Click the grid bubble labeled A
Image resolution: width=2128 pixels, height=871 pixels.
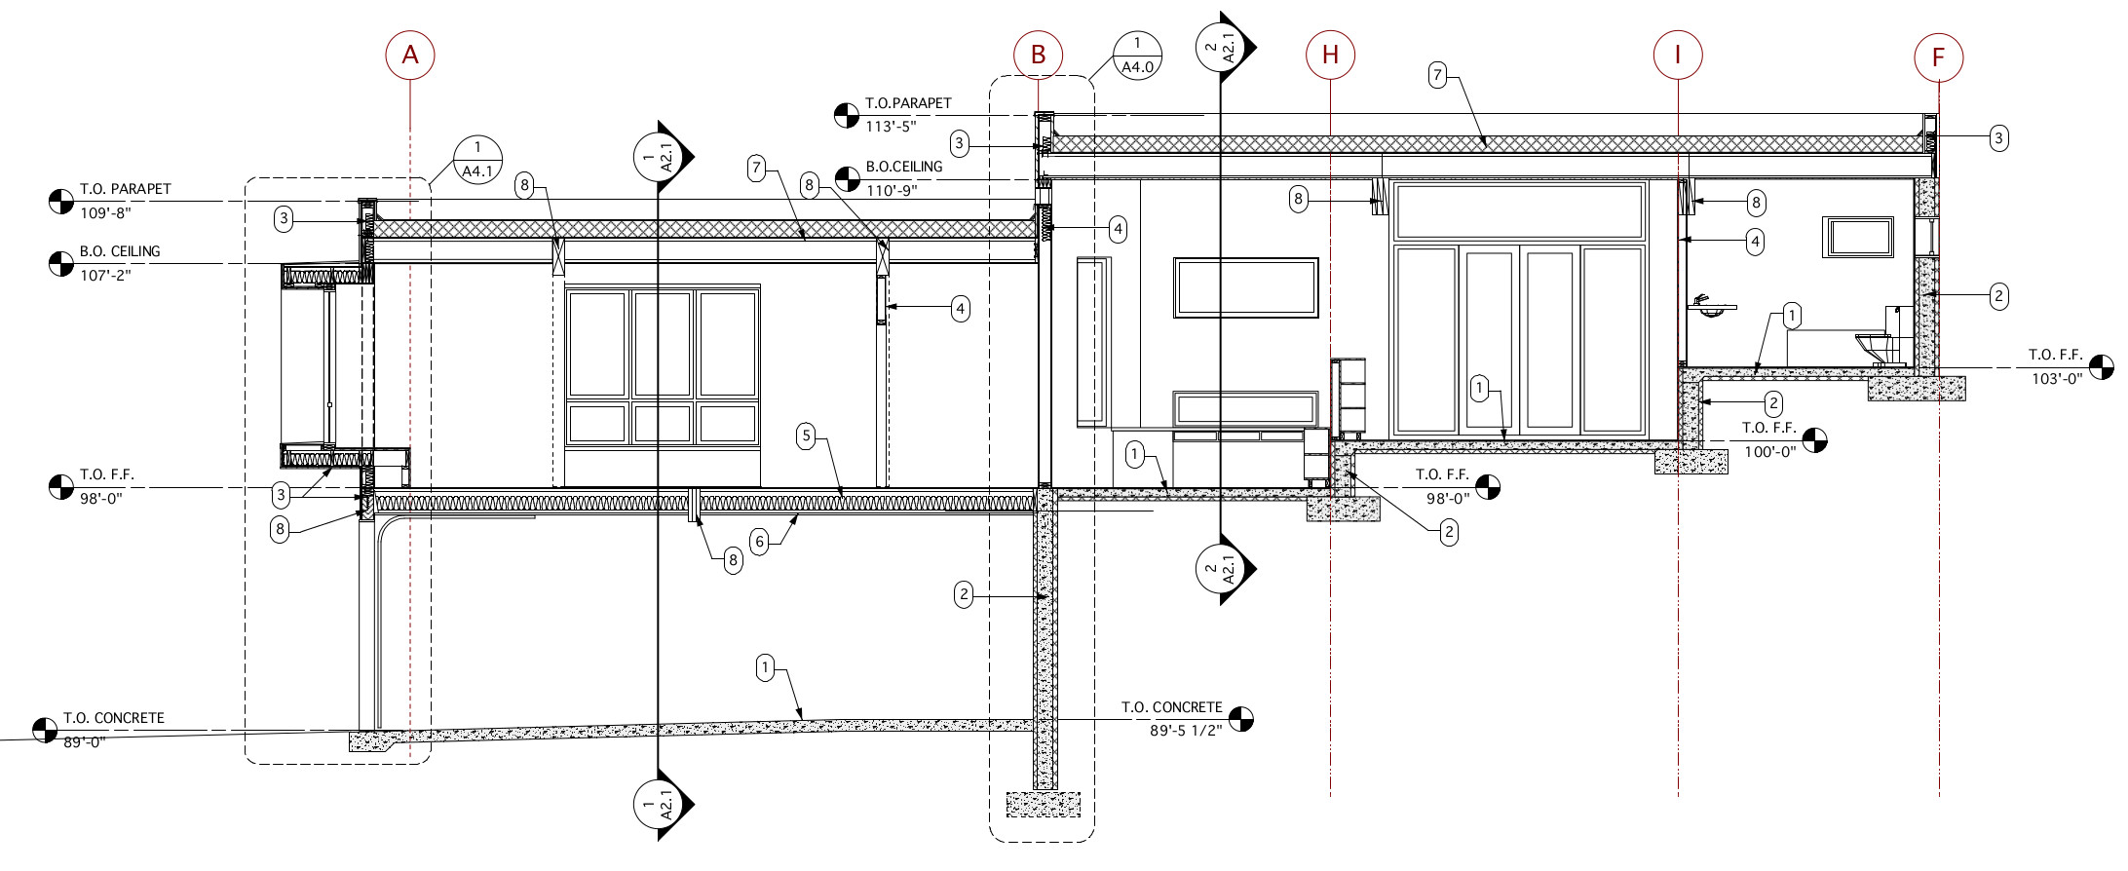(x=410, y=55)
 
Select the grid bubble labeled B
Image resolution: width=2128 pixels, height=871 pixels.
(x=1038, y=55)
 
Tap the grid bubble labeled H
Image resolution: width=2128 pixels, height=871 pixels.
(x=1330, y=55)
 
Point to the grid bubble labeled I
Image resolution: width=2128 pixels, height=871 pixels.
(x=1678, y=55)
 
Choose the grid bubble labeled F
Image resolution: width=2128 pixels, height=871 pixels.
(x=1938, y=57)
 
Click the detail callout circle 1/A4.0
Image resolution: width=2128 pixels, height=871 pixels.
(x=1137, y=56)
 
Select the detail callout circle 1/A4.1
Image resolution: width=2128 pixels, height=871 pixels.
(x=477, y=160)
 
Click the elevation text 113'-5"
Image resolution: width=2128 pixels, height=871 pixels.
(x=891, y=127)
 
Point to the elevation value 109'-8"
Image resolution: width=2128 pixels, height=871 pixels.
(x=105, y=213)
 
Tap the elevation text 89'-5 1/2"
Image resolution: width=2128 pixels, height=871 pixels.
(x=1185, y=731)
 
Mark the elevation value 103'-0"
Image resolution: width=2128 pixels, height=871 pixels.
(x=2057, y=379)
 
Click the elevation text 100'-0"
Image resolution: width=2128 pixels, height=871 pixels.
(x=1768, y=452)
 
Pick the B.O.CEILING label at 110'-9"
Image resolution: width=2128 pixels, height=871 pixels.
(x=904, y=167)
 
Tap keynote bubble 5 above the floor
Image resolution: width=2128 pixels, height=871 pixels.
(x=806, y=435)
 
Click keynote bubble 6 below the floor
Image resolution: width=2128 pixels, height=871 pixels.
(x=759, y=542)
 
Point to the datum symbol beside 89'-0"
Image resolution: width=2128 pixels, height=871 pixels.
(x=45, y=730)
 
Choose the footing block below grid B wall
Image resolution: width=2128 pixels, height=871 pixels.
(x=1043, y=804)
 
